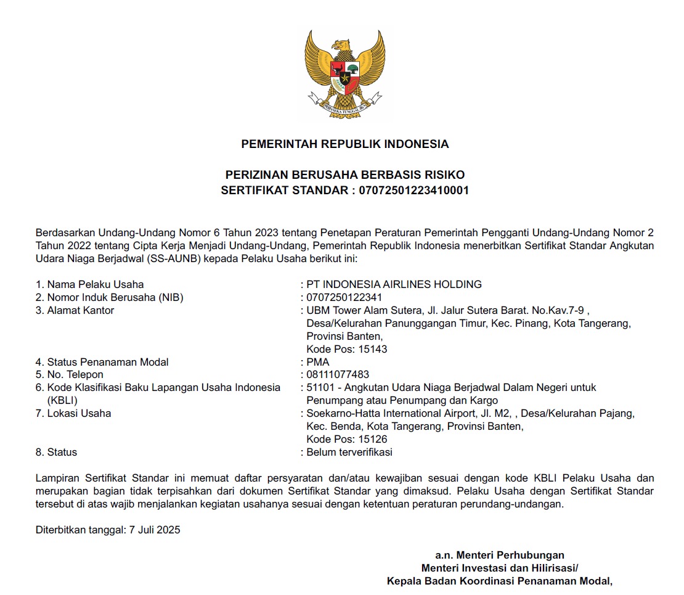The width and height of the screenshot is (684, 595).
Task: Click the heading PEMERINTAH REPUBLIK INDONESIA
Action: (344, 144)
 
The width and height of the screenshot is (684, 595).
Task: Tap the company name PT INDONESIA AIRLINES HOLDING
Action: (394, 284)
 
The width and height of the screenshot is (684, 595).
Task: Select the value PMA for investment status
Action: (318, 362)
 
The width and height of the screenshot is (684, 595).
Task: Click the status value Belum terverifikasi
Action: (349, 452)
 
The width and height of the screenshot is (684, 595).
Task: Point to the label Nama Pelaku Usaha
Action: (96, 284)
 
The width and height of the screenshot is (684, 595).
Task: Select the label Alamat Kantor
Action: (81, 310)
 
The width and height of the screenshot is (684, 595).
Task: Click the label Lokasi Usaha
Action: (79, 413)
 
